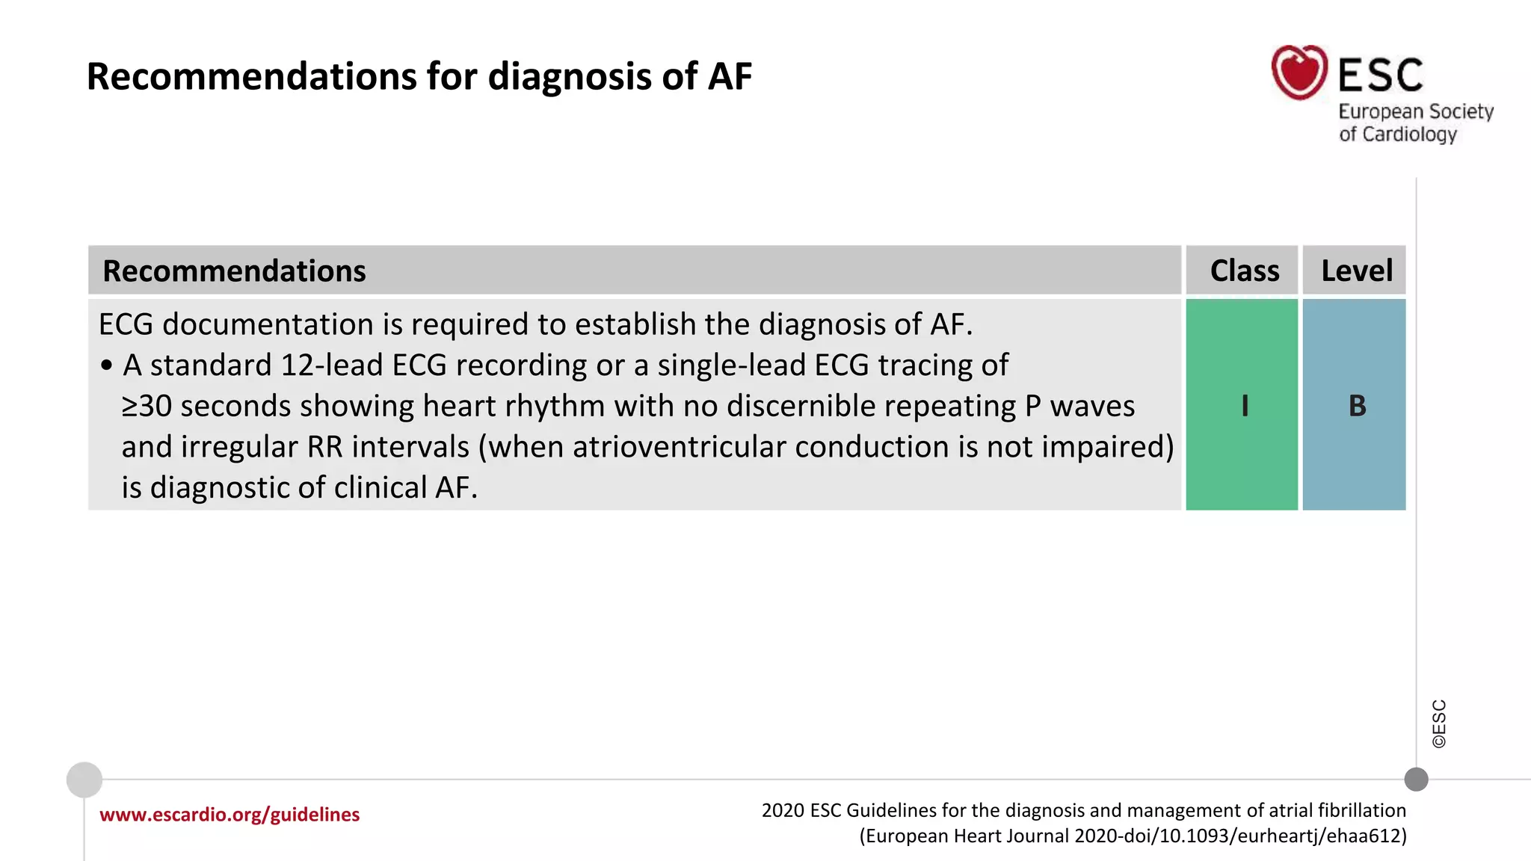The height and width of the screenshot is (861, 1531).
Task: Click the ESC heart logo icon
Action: coord(1299,72)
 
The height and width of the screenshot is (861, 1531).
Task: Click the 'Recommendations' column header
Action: coord(234,271)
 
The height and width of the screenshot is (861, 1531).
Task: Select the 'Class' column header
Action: coord(1244,271)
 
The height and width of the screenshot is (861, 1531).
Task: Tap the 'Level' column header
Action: coord(1356,271)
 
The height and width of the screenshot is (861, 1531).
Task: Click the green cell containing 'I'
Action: coord(1242,405)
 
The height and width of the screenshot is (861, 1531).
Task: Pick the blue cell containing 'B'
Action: coord(1355,405)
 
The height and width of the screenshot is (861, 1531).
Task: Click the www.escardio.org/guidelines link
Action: coord(230,814)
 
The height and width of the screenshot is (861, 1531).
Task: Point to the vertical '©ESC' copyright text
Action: coord(1439,723)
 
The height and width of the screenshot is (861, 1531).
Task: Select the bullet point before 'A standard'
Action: coord(106,365)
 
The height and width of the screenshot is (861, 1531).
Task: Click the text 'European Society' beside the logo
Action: coord(1415,111)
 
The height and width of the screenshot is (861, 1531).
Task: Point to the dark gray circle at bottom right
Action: coord(1416,779)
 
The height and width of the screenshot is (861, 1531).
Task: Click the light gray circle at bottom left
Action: coord(84,780)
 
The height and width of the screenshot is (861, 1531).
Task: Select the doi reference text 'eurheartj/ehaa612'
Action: coord(1322,836)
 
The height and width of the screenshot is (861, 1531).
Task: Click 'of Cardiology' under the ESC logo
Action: coord(1398,135)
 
